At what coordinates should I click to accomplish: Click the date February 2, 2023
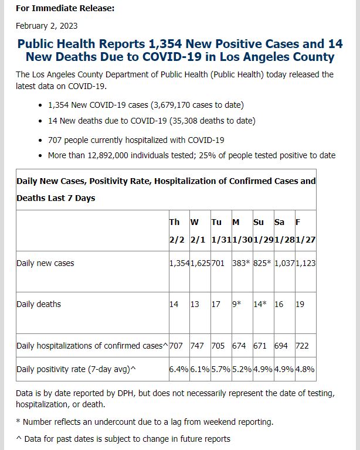point(46,26)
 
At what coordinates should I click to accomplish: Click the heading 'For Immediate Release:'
point(65,8)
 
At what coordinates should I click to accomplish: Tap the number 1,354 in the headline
point(165,44)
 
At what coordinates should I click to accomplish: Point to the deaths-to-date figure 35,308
point(184,121)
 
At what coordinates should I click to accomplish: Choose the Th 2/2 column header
point(176,231)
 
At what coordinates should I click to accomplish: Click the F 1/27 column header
point(305,231)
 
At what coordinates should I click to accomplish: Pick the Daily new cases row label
point(45,263)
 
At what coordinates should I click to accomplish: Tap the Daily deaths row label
point(39,304)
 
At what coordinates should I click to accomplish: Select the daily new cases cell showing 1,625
point(200,263)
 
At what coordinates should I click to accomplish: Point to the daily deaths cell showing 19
point(300,304)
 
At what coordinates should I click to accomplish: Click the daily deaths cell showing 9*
point(236,304)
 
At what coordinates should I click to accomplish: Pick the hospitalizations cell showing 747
point(197,346)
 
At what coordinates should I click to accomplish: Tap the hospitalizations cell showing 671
point(260,346)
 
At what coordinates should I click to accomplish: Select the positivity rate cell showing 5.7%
point(221,369)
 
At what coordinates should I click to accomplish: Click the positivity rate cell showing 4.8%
point(305,369)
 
